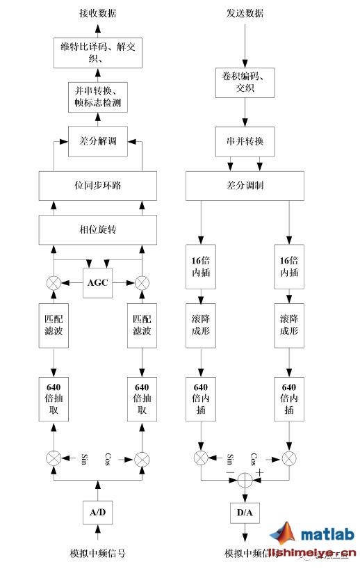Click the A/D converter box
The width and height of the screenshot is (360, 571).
(97, 512)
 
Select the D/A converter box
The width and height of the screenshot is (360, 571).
(244, 513)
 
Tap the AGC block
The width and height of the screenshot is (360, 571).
(97, 282)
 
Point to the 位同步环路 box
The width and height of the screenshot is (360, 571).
(97, 186)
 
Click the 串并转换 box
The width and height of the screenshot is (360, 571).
(245, 141)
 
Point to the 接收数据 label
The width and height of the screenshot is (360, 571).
(97, 13)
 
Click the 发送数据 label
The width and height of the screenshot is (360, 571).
(245, 13)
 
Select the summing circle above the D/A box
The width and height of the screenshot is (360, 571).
(245, 480)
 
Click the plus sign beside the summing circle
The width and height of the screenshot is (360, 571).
(261, 472)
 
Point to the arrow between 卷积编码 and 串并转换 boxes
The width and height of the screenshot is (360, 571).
(245, 115)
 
